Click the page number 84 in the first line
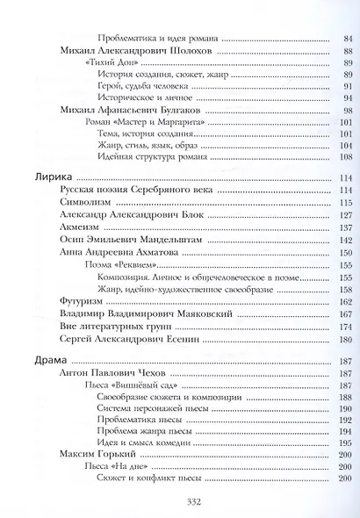346,39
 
